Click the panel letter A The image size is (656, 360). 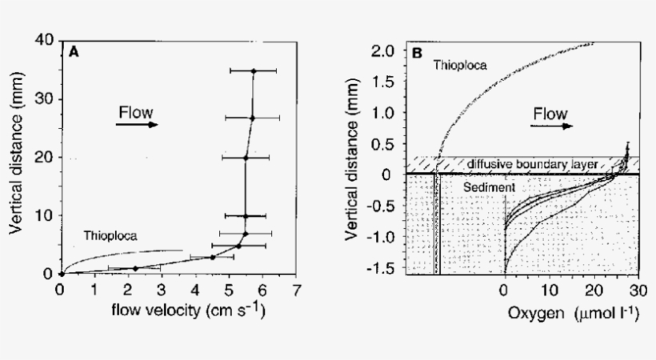pos(73,52)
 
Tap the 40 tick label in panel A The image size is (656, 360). pos(46,40)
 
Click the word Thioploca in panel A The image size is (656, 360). pos(110,236)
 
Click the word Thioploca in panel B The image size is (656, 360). pos(461,65)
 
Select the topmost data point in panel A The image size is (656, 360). pos(254,71)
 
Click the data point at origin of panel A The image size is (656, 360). pos(61,274)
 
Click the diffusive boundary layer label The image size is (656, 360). pos(534,163)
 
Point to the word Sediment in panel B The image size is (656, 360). pos(490,186)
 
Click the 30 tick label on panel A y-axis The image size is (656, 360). pos(46,98)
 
